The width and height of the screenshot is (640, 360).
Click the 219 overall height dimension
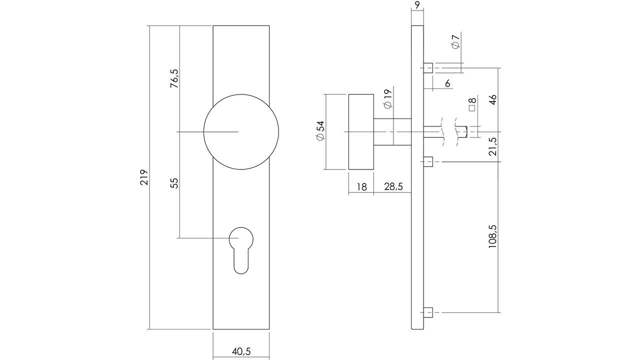[144, 177]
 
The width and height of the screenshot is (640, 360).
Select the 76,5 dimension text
[174, 78]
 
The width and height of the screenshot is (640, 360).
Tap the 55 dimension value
[174, 183]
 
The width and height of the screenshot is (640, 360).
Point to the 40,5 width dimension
[241, 351]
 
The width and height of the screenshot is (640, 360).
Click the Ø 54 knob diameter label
[320, 131]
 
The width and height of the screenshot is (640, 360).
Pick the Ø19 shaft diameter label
[386, 98]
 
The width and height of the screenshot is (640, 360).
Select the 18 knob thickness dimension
[361, 187]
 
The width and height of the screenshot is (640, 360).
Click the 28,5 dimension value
[393, 187]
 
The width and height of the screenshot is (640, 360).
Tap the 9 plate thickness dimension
[417, 6]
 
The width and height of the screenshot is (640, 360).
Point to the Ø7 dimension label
[455, 42]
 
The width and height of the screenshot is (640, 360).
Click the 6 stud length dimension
[447, 83]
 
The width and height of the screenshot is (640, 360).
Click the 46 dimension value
[492, 99]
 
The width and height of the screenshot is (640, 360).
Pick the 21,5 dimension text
[492, 146]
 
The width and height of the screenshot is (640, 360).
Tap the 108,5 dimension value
[492, 236]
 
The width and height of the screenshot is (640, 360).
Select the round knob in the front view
[241, 131]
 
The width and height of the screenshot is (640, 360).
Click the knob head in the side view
[360, 131]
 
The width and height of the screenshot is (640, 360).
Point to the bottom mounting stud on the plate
[428, 313]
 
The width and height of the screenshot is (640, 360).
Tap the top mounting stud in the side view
[428, 67]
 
